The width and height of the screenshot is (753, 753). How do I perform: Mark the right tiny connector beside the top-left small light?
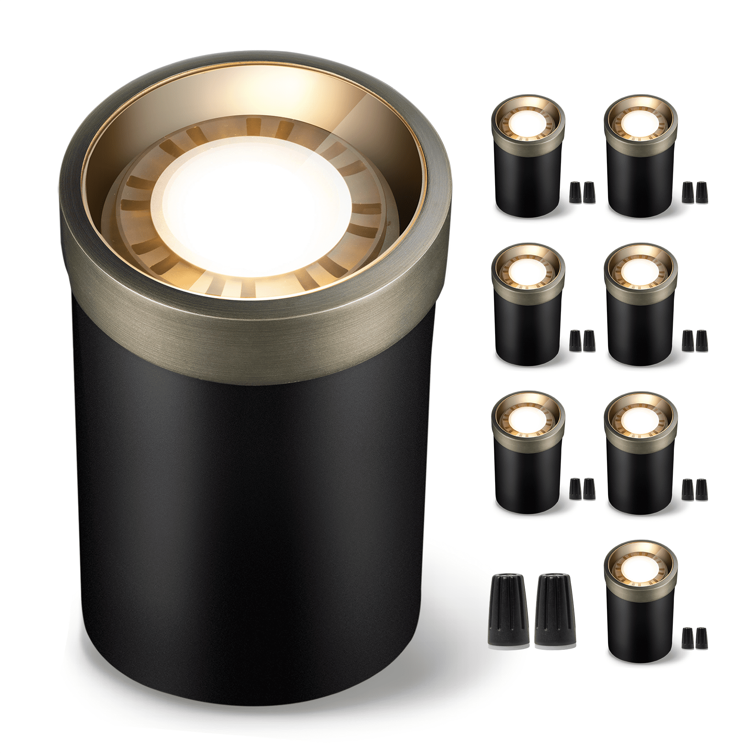[589, 192]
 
